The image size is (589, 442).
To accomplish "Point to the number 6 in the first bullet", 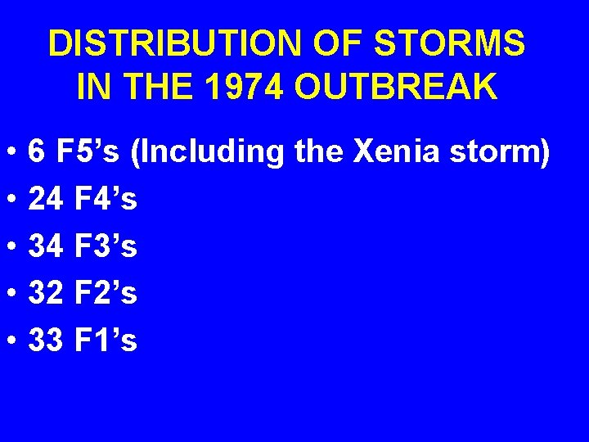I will pos(37,152).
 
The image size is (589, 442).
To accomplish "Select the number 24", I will pos(46,199).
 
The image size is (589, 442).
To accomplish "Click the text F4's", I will pos(106,199).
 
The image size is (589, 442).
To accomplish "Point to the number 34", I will pos(46,246).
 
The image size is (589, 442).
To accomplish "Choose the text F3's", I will pos(106,246).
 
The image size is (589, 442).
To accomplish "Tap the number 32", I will pos(46,293).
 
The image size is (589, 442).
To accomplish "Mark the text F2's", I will pos(106,293).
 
